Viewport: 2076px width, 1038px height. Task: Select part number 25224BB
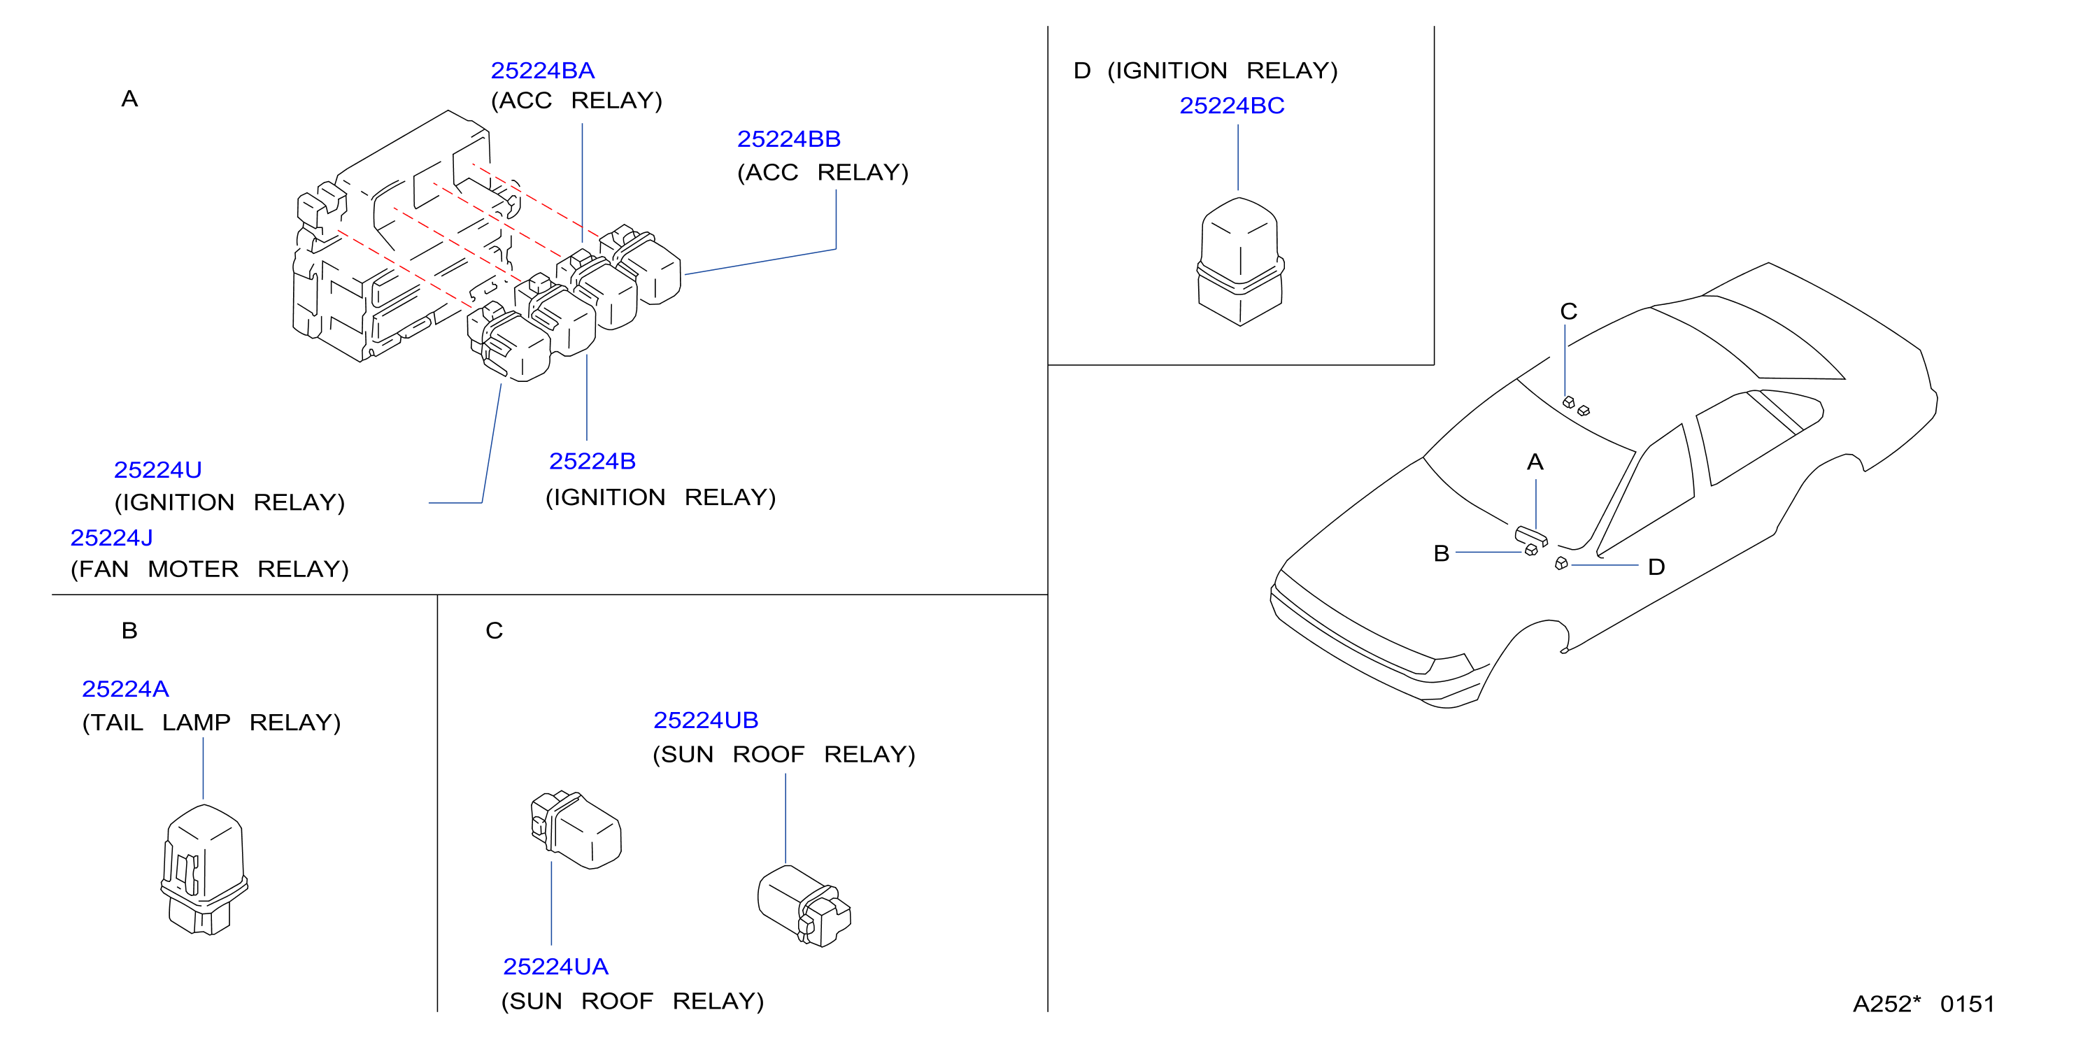789,139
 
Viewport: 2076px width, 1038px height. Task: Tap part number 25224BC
1232,106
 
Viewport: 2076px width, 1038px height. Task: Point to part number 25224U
158,470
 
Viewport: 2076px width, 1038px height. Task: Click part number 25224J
111,537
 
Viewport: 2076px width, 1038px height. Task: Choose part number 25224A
126,689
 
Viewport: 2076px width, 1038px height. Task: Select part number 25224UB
706,720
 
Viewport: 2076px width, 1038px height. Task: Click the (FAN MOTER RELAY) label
210,570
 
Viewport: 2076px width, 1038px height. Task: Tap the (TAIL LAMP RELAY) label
211,723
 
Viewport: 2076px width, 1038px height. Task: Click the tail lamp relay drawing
204,869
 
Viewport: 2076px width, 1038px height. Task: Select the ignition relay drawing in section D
1239,261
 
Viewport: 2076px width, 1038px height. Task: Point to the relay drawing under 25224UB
804,906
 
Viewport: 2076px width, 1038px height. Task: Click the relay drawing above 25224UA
576,830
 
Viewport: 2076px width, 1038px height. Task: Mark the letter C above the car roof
1568,311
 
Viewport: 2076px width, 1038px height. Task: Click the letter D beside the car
1656,567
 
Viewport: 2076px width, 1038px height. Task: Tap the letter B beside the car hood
1442,554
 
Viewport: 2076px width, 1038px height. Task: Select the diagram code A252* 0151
1924,1004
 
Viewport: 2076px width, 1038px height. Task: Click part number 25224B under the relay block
592,461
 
